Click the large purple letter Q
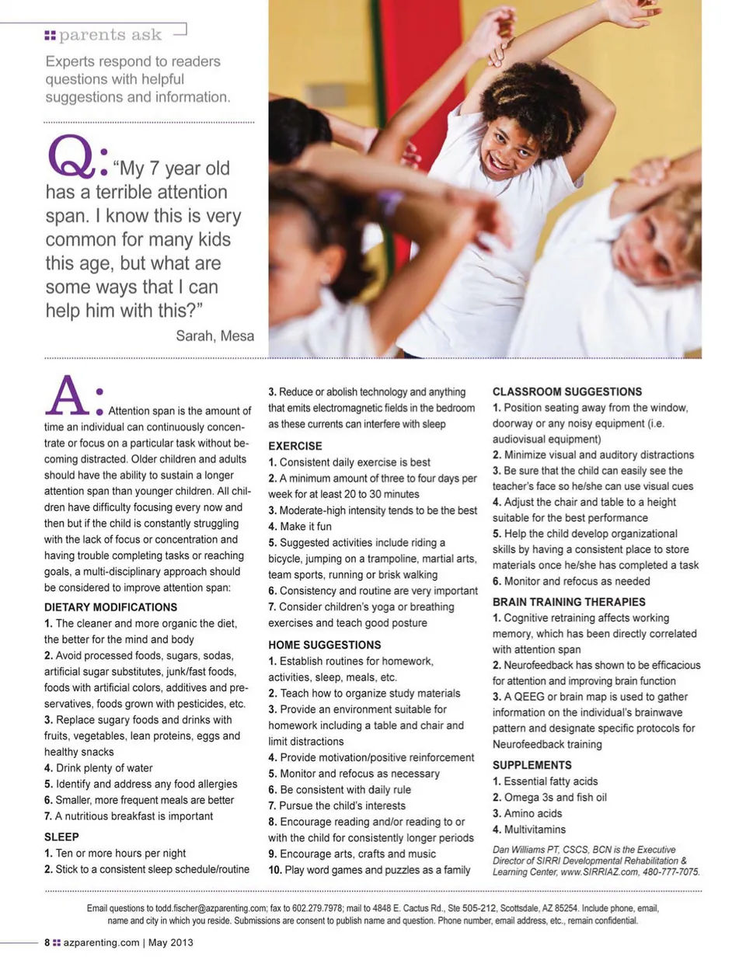[x=71, y=156]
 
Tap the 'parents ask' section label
[x=110, y=35]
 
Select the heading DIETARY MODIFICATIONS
[x=110, y=607]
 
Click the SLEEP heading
[x=61, y=837]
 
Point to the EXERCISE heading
[x=295, y=446]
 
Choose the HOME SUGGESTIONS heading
[x=324, y=645]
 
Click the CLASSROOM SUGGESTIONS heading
[x=566, y=391]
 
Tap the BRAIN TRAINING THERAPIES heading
[x=568, y=601]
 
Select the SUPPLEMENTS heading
[x=532, y=764]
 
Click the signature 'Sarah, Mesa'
[x=214, y=336]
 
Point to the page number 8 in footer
[x=47, y=942]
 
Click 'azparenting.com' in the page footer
[x=101, y=942]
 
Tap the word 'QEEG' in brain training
[x=529, y=697]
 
